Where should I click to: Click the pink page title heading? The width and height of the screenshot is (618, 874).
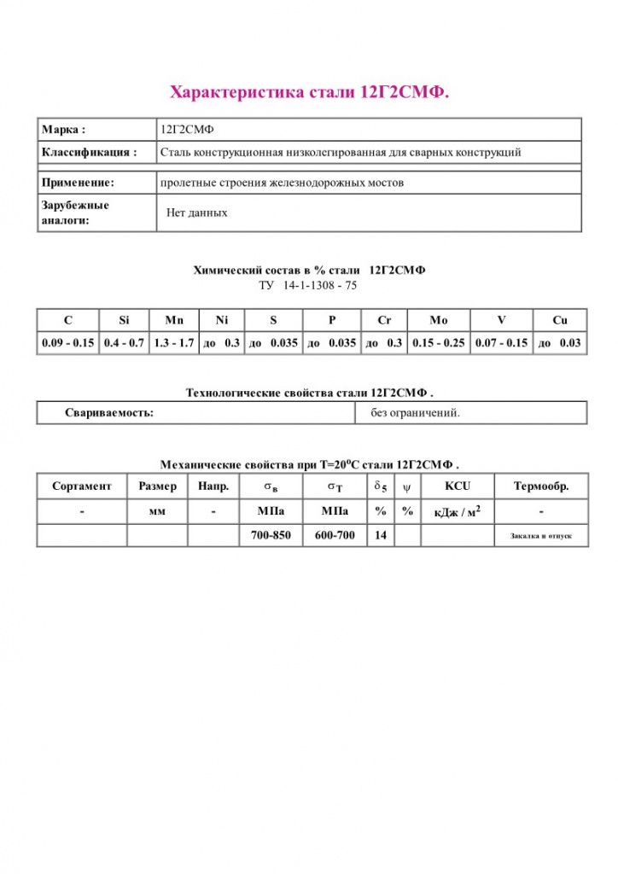pos(309,92)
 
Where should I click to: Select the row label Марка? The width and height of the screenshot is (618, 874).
pos(63,130)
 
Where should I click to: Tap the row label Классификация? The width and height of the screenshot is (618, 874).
pos(89,153)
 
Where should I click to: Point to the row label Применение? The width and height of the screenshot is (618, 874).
pos(78,183)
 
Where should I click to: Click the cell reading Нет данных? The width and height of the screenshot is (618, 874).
pos(196,213)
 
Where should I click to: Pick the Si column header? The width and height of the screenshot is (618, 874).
pos(124,320)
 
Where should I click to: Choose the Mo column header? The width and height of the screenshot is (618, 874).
pos(438,320)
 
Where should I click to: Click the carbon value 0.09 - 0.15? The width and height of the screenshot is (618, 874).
pos(67,343)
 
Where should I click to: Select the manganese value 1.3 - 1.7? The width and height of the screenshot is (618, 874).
pos(173,343)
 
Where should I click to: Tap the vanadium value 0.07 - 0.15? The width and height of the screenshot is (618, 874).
pos(501,343)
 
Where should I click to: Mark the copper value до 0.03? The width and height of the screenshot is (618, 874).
pos(559,343)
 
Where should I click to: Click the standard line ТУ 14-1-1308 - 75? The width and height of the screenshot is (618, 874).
pos(308,286)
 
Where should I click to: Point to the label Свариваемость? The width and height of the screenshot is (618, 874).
pos(109,413)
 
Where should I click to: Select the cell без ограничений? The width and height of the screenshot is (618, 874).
pos(415,413)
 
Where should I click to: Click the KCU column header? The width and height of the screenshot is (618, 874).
pos(458,487)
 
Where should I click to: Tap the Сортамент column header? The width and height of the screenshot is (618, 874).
pos(81,487)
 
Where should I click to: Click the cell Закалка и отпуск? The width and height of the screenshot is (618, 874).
pos(540,536)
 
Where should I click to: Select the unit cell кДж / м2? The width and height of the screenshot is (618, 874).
pos(458,511)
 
